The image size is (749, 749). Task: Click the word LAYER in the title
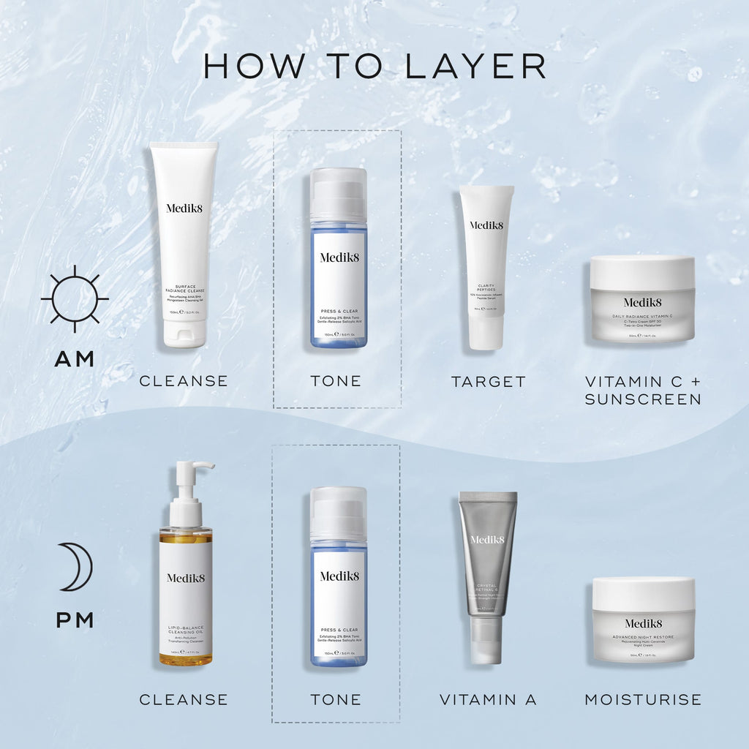475,65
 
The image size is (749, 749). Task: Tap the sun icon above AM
75,298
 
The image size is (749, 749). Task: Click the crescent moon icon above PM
76,566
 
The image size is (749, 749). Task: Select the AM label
75,358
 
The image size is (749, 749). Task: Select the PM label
75,620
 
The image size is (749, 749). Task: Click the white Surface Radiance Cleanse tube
184,241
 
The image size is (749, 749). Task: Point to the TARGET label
488,381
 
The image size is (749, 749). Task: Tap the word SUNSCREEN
643,399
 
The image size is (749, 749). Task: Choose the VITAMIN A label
488,699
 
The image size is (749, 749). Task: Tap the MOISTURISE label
643,699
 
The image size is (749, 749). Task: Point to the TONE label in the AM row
336,381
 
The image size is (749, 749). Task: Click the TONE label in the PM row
336,699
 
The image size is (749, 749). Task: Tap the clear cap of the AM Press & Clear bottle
338,194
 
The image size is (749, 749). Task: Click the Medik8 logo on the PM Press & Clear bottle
339,576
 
